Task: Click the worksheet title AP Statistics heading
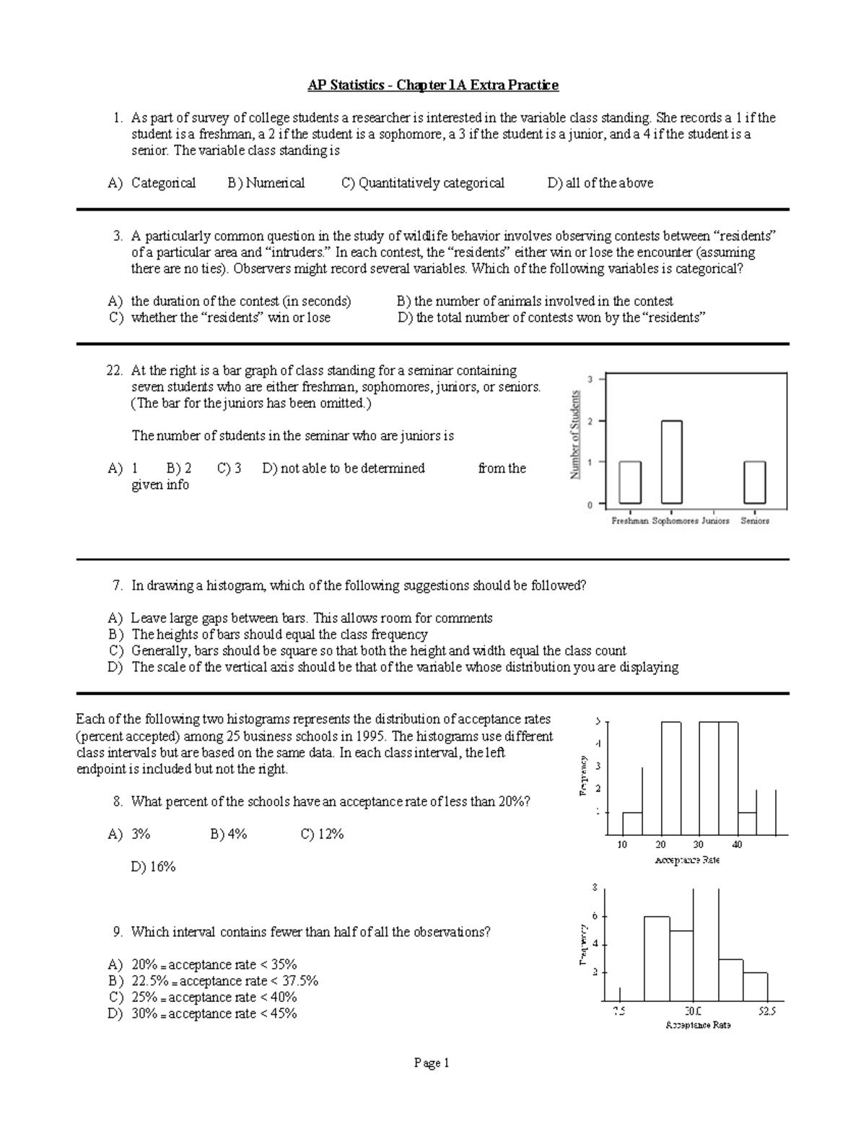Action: (433, 85)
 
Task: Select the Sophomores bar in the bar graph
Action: (671, 462)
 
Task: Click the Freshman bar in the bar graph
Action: (629, 482)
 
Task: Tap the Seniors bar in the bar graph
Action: (755, 482)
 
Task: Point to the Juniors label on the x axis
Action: (715, 520)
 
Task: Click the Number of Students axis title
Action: (575, 435)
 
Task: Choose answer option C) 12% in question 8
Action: (322, 834)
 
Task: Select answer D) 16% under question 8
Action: (153, 866)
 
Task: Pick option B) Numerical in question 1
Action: (266, 183)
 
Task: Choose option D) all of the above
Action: (600, 183)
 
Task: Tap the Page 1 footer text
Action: (432, 1063)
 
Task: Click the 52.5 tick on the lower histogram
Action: (766, 1011)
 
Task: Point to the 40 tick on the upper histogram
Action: (737, 845)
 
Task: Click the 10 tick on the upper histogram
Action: (622, 845)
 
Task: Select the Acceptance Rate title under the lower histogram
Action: (698, 1025)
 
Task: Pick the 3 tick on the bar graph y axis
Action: (590, 379)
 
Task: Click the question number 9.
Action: (118, 932)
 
